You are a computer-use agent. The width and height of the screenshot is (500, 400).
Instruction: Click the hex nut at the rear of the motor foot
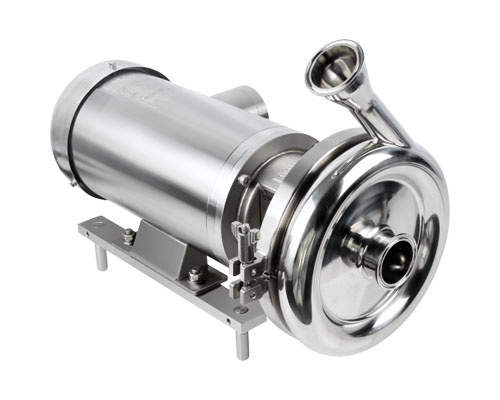[x=129, y=236]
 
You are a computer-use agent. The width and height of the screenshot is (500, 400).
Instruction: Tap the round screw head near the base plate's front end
[x=242, y=311]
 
